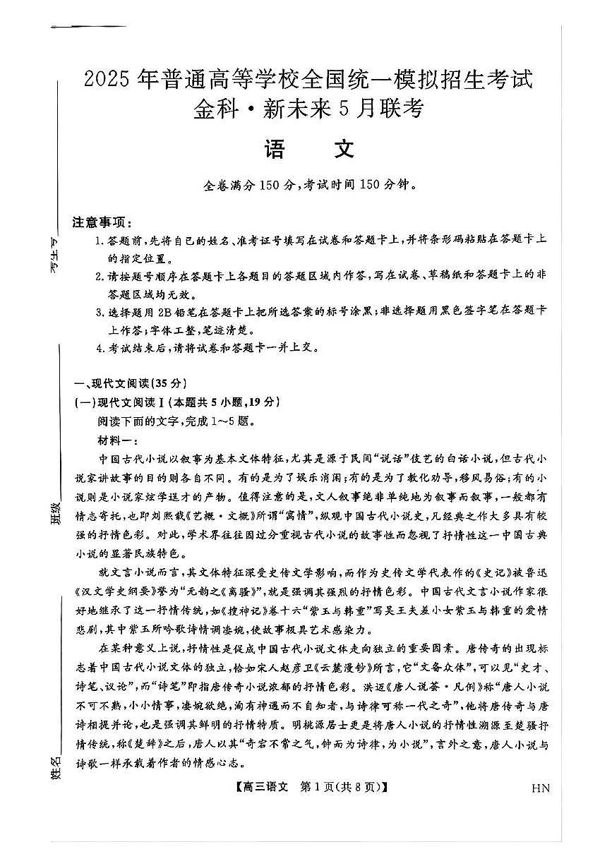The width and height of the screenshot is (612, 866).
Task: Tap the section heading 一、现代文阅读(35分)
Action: (x=130, y=384)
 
